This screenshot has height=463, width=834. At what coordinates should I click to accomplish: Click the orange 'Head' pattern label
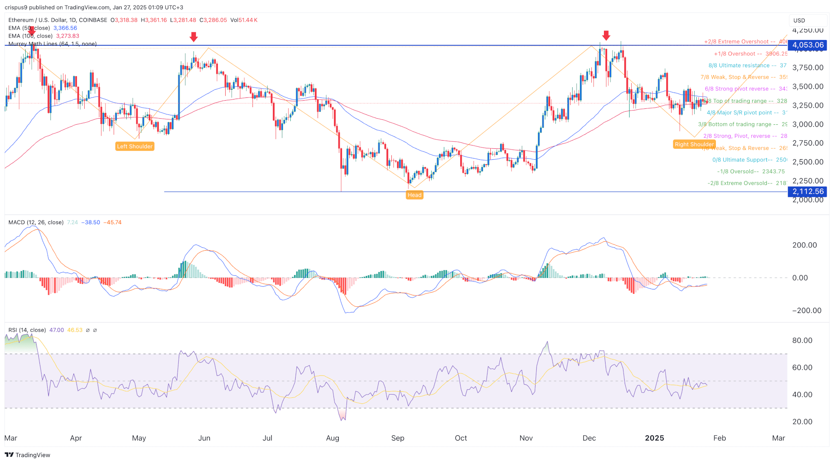415,195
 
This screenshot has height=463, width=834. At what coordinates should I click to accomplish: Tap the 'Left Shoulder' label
135,146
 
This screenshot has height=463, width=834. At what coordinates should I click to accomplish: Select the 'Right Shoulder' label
694,144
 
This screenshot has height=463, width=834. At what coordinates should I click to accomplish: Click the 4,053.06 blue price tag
808,45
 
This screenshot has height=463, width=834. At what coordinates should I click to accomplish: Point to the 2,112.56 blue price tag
808,192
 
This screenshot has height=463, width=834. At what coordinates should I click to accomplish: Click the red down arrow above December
606,36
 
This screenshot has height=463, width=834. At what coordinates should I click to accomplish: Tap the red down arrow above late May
193,37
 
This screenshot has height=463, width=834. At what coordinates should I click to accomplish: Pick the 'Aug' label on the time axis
332,438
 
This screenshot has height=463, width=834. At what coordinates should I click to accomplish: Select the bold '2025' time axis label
654,438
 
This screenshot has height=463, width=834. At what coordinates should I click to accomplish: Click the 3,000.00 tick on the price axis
808,124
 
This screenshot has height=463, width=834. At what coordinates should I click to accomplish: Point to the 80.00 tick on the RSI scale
802,340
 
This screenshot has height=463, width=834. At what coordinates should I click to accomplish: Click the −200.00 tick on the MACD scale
806,311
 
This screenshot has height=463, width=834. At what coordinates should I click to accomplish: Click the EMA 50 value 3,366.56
65,28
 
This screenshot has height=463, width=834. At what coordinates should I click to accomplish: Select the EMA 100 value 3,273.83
68,36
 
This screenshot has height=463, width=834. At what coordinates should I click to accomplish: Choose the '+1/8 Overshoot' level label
738,54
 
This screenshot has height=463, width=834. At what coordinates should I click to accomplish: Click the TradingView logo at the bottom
28,455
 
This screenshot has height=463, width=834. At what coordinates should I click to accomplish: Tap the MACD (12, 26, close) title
36,223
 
